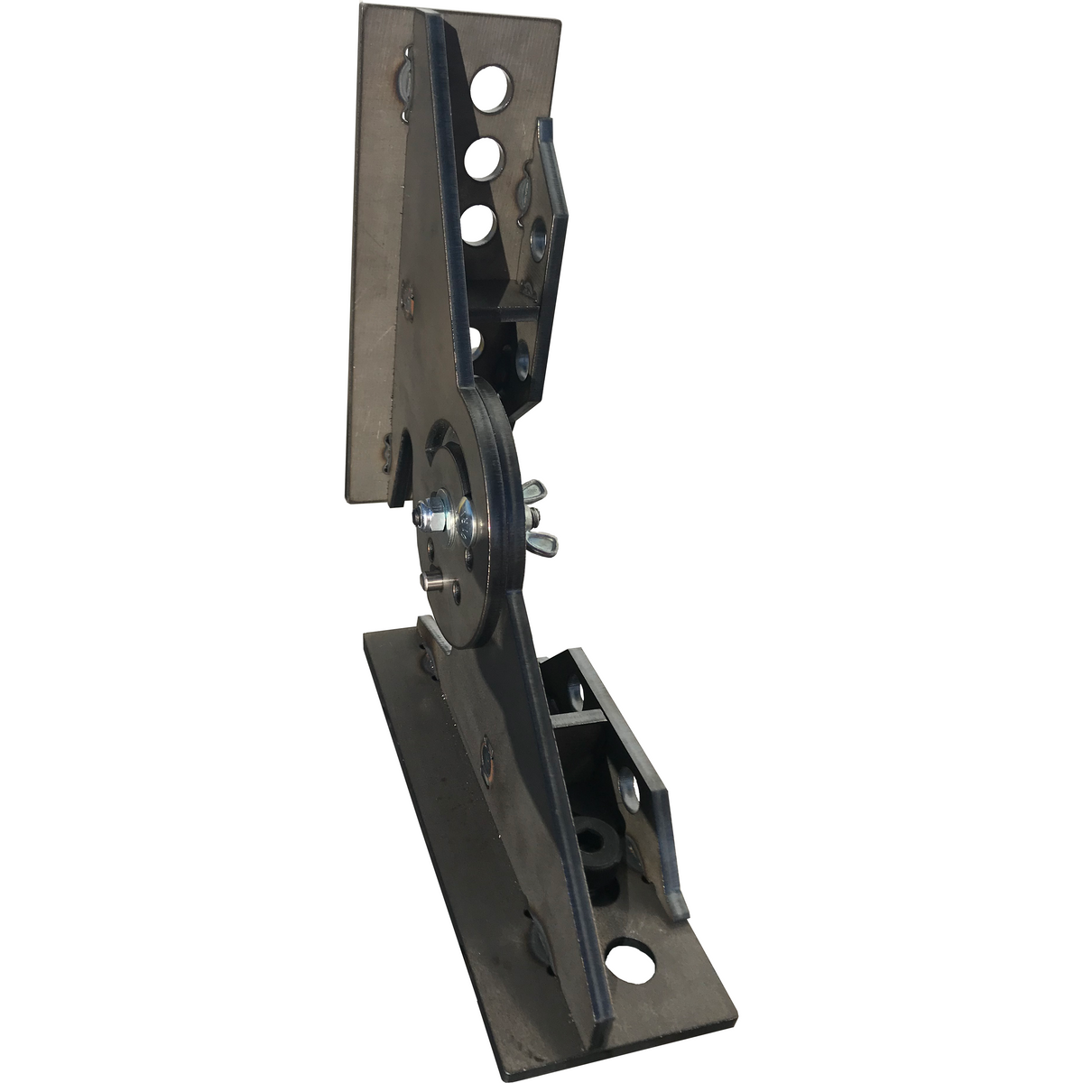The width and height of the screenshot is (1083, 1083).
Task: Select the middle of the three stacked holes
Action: tap(485, 159)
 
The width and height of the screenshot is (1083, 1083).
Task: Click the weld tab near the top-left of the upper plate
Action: tap(404, 82)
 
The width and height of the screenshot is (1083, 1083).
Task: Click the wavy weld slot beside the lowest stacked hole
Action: tap(523, 194)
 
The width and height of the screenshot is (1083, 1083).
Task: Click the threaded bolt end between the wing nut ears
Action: tap(535, 518)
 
